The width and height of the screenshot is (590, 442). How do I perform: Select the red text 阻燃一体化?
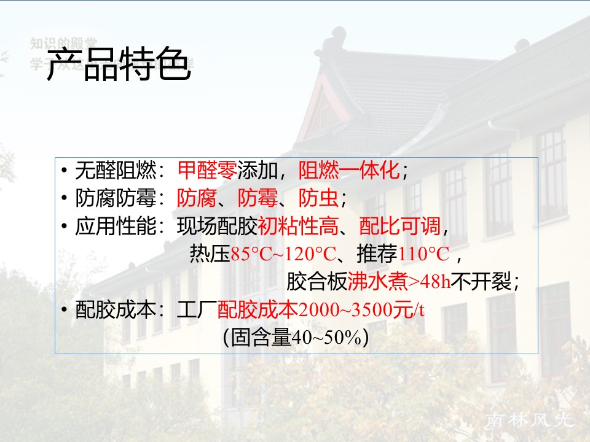[349, 169]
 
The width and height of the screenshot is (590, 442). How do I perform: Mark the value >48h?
[430, 282]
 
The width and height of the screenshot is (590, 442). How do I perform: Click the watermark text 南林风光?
[530, 421]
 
